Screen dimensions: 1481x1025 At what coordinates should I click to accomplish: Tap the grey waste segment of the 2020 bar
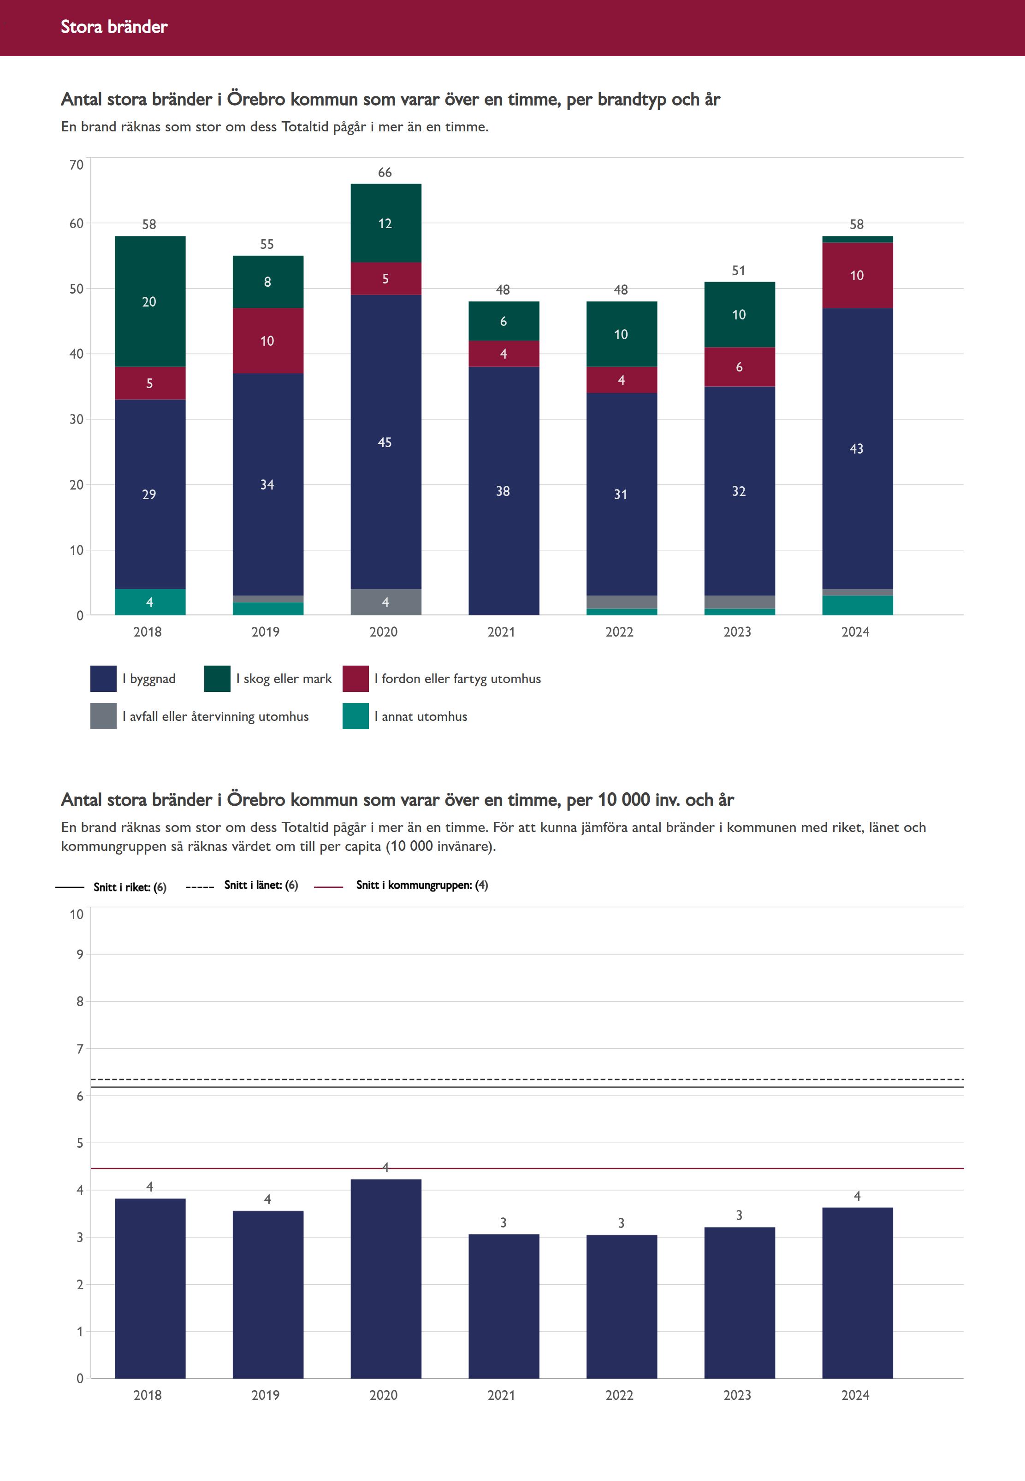click(x=385, y=602)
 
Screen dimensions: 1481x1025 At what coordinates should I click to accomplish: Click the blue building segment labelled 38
click(x=503, y=490)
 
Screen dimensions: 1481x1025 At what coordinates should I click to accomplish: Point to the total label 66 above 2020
click(x=385, y=173)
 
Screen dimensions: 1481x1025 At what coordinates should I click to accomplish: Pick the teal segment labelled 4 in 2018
click(x=150, y=602)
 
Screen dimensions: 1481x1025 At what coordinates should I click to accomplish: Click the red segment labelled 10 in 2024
click(x=857, y=275)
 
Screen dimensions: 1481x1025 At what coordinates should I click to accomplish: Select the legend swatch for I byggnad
click(x=103, y=679)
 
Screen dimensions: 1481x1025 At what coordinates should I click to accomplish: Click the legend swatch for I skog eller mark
click(x=217, y=679)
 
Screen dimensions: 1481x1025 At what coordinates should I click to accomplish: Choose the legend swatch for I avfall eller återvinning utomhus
click(x=103, y=716)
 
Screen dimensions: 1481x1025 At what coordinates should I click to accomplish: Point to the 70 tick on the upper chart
click(x=77, y=165)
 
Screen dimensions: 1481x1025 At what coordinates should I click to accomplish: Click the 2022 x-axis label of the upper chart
click(x=619, y=631)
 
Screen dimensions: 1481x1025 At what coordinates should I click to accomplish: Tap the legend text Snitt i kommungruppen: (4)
click(x=421, y=885)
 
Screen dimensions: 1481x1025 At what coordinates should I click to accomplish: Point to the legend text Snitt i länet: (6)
click(x=261, y=885)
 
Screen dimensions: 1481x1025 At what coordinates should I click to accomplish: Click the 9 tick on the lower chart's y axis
click(x=80, y=954)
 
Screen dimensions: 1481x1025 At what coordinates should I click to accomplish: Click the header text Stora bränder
click(x=114, y=27)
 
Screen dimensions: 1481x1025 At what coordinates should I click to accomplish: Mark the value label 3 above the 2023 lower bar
click(x=739, y=1215)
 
